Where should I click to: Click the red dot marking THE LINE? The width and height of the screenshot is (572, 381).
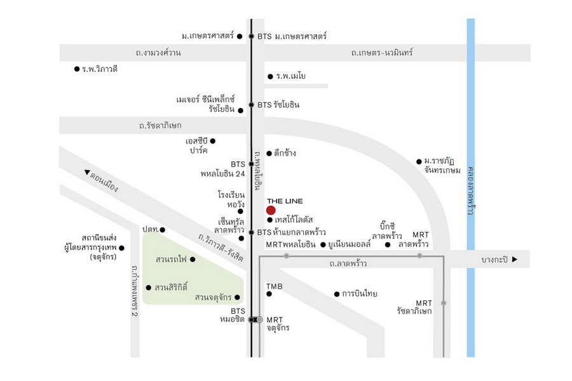[x=271, y=210]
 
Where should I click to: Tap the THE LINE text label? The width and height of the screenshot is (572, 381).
[x=285, y=201]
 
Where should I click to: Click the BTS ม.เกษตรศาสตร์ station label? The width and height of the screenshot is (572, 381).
[x=292, y=36]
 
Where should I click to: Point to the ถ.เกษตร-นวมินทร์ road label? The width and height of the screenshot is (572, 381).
[x=381, y=53]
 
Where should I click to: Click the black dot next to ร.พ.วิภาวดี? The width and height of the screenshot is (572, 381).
[x=77, y=69]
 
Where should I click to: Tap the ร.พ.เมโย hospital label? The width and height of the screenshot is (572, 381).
[x=291, y=76]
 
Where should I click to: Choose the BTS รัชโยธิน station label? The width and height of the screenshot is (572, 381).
[x=278, y=105]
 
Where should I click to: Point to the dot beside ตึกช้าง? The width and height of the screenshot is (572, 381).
[x=269, y=153]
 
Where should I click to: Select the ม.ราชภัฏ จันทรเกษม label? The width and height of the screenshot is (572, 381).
[x=442, y=166]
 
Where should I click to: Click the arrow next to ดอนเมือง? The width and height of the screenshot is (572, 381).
[x=88, y=171]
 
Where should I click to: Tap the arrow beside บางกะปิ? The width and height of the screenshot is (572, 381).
[x=515, y=259]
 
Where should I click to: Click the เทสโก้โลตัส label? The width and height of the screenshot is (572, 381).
[x=294, y=220]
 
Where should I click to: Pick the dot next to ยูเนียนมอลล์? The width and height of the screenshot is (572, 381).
[x=323, y=244]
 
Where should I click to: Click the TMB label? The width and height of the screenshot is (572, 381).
[x=275, y=286]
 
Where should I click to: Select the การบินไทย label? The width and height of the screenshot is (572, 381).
[x=360, y=294]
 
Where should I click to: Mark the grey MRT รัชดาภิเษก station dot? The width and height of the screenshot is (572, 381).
[x=444, y=303]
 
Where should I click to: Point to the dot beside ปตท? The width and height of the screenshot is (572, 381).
[x=163, y=230]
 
